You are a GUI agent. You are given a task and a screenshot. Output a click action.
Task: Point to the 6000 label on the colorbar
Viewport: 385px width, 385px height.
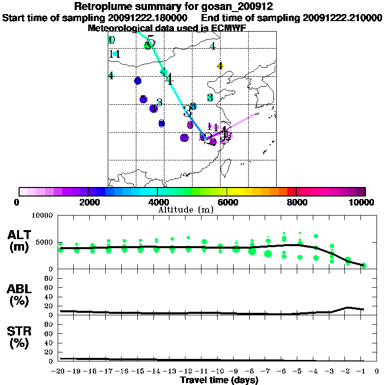228,202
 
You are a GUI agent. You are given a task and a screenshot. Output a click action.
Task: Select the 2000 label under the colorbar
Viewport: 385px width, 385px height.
87,202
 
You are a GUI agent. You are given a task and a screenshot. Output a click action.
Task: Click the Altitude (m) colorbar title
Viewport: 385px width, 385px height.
185,210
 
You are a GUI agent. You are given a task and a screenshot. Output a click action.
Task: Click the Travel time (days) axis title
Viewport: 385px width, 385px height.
219,380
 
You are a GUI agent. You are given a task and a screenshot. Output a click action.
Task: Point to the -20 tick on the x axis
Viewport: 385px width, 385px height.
60,371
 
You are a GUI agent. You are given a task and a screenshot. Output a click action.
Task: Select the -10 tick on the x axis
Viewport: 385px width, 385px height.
219,371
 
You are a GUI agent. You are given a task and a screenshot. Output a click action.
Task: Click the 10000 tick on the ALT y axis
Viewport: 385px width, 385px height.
43,216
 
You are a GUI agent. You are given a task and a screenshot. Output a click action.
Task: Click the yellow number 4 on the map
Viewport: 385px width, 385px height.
220,66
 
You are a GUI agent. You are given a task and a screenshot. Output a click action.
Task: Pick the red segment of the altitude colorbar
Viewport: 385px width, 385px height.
291,191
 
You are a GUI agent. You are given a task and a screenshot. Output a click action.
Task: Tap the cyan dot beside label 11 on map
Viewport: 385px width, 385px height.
115,54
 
